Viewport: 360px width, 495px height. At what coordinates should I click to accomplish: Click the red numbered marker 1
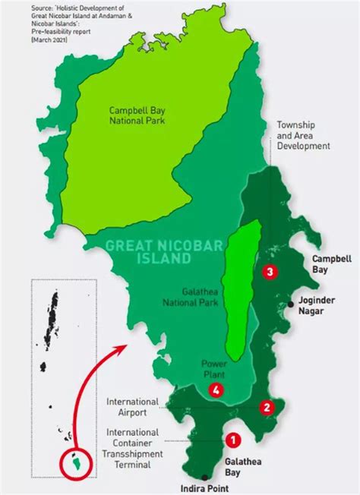click(233, 438)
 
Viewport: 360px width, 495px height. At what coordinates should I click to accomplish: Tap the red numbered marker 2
click(266, 407)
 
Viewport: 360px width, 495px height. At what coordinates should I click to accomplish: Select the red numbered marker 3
click(268, 271)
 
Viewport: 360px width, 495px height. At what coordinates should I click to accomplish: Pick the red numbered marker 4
click(216, 391)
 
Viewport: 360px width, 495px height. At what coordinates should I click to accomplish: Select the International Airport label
click(132, 408)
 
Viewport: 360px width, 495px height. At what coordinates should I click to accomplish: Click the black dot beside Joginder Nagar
click(291, 304)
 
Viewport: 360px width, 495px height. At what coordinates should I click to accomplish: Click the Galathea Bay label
click(239, 466)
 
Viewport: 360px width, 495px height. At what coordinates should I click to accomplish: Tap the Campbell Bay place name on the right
click(332, 263)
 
